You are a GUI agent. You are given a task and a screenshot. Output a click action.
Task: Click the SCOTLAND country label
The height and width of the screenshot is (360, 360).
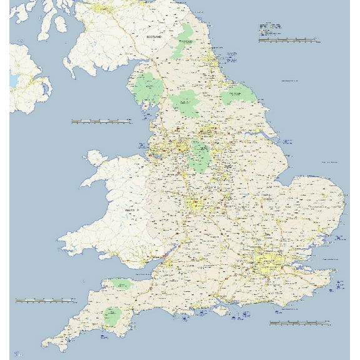pyautogui.click(x=154, y=37)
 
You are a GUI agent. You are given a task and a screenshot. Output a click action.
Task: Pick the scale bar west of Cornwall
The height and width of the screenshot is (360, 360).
pyautogui.click(x=44, y=301)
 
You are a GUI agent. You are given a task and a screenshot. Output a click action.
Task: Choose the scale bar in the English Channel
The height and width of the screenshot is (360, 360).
pyautogui.click(x=299, y=323)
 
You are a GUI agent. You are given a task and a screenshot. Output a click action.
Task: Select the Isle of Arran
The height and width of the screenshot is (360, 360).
pyautogui.click(x=61, y=24)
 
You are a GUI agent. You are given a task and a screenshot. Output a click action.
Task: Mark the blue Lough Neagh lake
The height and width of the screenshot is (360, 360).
pyautogui.click(x=14, y=81)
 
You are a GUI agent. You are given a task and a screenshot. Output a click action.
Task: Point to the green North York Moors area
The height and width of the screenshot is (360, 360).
pyautogui.click(x=238, y=96)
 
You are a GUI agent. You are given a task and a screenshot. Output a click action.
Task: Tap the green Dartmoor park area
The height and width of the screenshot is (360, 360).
pyautogui.click(x=113, y=316)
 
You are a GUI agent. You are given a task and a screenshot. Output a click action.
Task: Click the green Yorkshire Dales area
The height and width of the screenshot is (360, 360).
pyautogui.click(x=185, y=102)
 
